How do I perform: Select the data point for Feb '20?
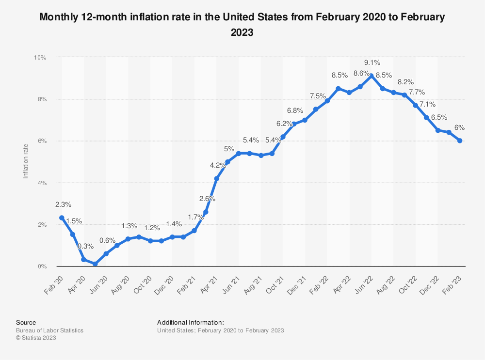[62, 218]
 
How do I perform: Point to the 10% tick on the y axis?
[40, 57]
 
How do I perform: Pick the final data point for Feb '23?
[459, 141]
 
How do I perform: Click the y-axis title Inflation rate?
[26, 162]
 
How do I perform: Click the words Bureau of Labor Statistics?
[49, 330]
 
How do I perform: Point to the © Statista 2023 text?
[36, 338]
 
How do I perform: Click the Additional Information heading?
[191, 322]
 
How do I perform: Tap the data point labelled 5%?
[227, 162]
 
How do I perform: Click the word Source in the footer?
[26, 322]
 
